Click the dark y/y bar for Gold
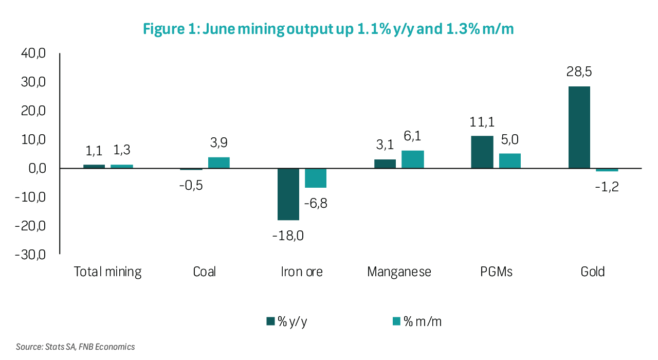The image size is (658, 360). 579,127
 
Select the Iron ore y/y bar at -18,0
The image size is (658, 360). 288,194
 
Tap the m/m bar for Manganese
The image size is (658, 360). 412,159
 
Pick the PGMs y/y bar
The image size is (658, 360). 482,152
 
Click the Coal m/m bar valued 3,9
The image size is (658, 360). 218,163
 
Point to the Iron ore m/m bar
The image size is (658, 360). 316,178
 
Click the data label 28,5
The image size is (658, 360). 579,72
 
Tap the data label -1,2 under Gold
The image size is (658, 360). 607,186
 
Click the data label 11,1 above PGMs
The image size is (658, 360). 482,122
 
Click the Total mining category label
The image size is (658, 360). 107,272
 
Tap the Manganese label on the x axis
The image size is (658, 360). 399,272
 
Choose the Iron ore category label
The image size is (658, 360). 302,272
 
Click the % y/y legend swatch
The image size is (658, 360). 270,321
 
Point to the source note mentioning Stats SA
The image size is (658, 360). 75,347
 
